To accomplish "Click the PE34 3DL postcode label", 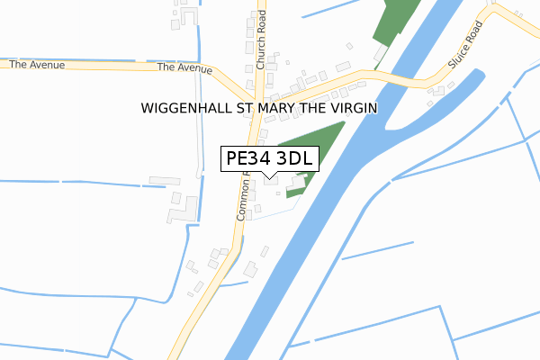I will point(269,159).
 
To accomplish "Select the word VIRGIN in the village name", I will point(352,108).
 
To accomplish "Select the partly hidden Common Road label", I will point(243,198).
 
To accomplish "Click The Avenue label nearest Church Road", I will point(184,68).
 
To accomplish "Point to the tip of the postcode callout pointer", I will point(269,177).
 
